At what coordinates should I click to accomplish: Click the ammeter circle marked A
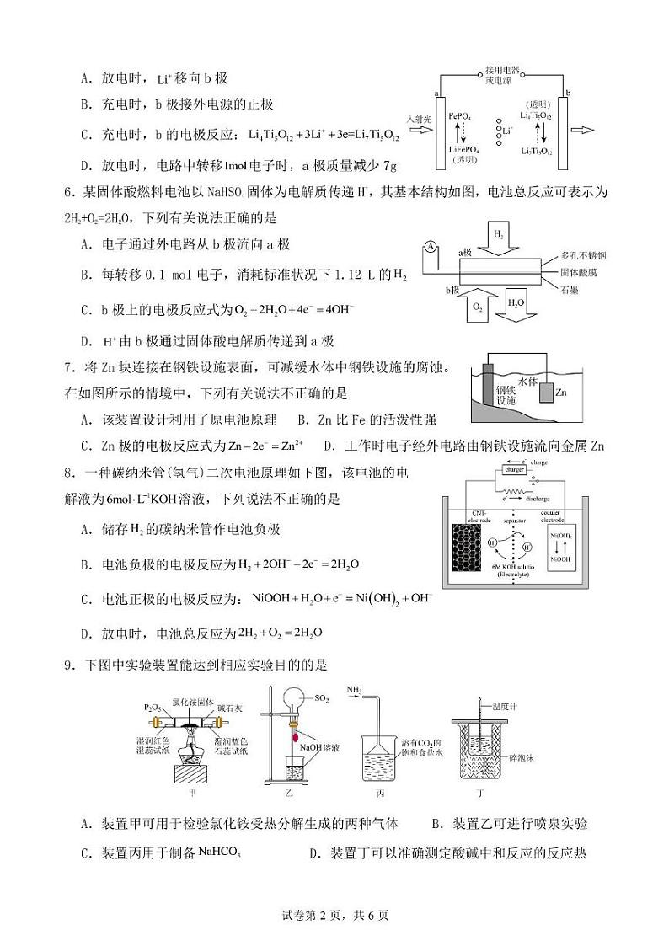tap(430, 248)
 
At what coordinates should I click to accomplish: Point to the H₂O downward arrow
tap(516, 310)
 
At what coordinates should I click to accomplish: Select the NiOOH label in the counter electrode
tap(559, 559)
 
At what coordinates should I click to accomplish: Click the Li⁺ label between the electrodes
tap(506, 131)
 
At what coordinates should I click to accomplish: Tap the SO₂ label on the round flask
tap(321, 698)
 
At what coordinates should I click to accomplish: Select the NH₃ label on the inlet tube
tap(353, 690)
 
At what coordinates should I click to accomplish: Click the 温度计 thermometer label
tap(505, 697)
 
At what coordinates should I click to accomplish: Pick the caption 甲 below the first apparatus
tap(179, 793)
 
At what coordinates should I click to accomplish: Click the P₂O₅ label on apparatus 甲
tap(153, 707)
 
